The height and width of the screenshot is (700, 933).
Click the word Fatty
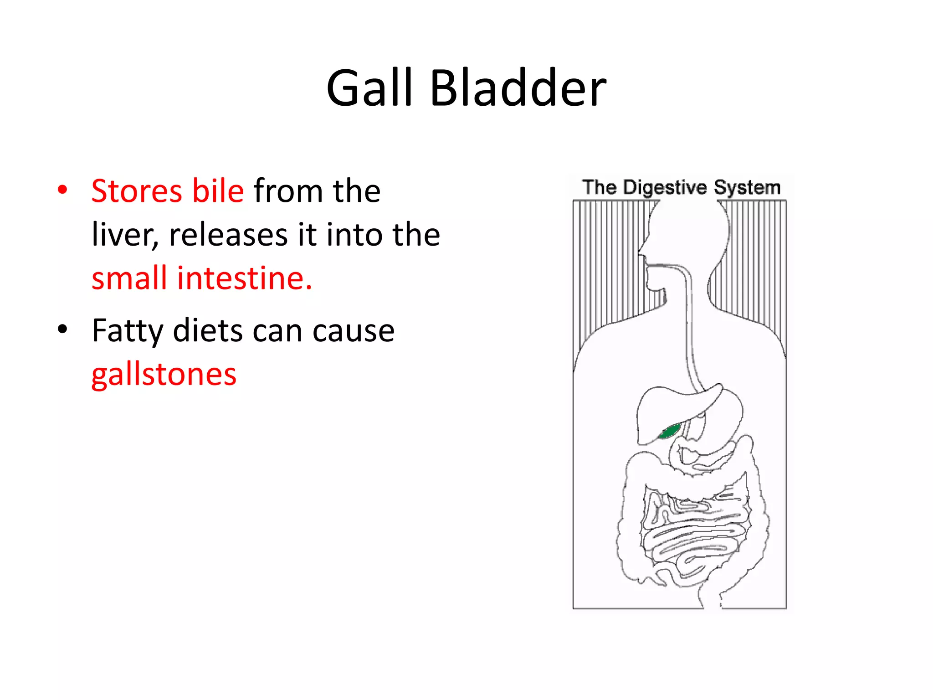pos(127,331)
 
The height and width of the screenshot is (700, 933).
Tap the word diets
pos(208,331)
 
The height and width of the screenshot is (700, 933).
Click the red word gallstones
pos(164,375)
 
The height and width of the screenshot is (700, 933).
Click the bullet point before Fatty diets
pos(63,329)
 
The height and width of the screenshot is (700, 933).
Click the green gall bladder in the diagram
pos(670,431)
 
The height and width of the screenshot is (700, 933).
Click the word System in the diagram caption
pos(747,187)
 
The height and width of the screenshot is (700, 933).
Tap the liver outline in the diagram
pos(656,410)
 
